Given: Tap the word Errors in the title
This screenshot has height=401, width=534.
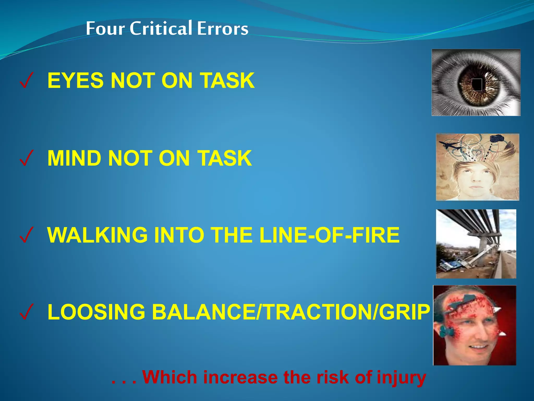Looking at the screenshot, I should point(222,29).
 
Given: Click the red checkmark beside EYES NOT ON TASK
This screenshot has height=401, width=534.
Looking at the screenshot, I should point(26,80).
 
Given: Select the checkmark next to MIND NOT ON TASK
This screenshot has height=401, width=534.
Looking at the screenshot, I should point(26,158).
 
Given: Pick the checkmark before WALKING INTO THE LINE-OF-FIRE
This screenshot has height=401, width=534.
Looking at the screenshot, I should point(26,235).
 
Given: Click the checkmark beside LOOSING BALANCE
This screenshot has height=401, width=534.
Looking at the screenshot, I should point(26,312).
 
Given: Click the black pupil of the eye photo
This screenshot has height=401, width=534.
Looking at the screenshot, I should point(477,84).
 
